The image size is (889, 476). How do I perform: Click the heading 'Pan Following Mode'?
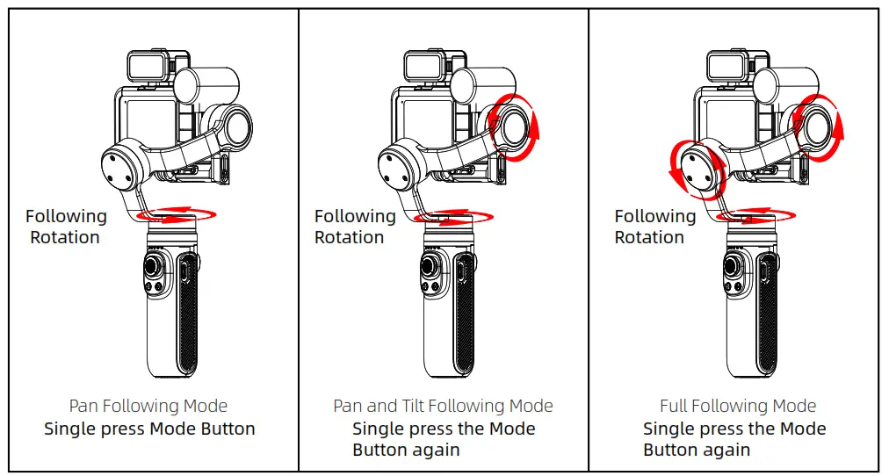(148, 406)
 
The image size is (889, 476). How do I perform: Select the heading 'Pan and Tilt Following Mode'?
(443, 406)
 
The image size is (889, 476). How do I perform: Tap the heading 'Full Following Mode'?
(738, 406)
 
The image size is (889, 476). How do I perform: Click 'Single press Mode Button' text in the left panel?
(149, 429)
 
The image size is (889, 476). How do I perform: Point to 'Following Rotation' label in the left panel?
(66, 227)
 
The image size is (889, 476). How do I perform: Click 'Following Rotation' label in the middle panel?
(355, 227)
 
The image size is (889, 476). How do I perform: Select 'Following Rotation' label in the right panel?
(654, 227)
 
